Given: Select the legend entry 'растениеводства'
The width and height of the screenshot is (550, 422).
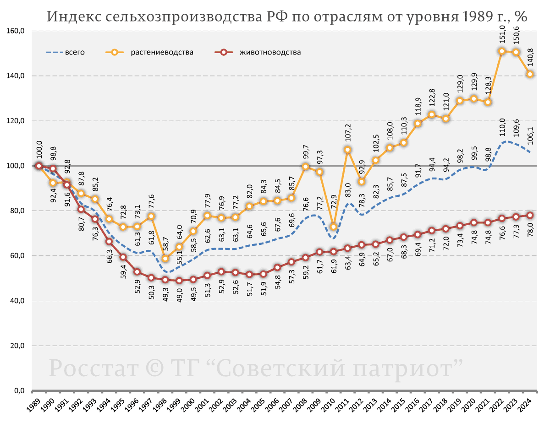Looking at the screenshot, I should click(162, 52).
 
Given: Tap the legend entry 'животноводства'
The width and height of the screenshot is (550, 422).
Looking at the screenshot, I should click(269, 52).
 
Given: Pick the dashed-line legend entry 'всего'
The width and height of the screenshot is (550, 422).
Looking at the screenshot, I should click(75, 52).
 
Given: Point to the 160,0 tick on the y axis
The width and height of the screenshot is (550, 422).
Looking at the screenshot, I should click(16, 31).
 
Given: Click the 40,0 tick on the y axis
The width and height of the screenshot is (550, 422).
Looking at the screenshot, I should click(16, 301).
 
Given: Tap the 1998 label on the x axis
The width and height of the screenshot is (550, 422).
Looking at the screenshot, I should click(159, 405).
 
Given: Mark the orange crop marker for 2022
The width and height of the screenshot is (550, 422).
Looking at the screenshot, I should click(502, 51).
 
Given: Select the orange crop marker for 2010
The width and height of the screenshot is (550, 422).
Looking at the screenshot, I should click(334, 227).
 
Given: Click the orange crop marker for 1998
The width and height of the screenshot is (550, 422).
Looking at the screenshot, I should click(165, 259).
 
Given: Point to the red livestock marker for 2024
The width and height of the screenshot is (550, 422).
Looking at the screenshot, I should click(530, 215).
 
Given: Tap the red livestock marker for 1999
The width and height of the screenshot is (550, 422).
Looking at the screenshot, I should click(179, 281).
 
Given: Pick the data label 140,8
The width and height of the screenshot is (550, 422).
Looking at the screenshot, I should click(530, 57).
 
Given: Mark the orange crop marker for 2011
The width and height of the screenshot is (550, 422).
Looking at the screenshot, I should click(347, 150).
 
